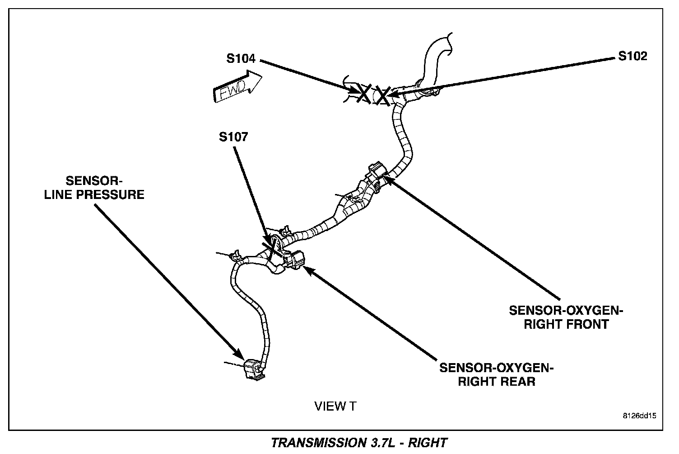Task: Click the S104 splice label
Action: click(241, 59)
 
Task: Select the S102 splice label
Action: click(632, 56)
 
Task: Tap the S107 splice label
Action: click(233, 137)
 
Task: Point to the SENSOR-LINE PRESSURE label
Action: click(94, 188)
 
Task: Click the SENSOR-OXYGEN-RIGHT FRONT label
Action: click(566, 317)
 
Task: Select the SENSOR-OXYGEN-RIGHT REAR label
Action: click(496, 374)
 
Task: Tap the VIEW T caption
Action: click(335, 407)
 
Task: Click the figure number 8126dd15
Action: click(639, 415)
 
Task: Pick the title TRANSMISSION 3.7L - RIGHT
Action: click(359, 442)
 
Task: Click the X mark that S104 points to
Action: click(363, 93)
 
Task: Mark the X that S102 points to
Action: click(383, 95)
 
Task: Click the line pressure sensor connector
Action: click(254, 369)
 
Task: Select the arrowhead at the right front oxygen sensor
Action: click(387, 180)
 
